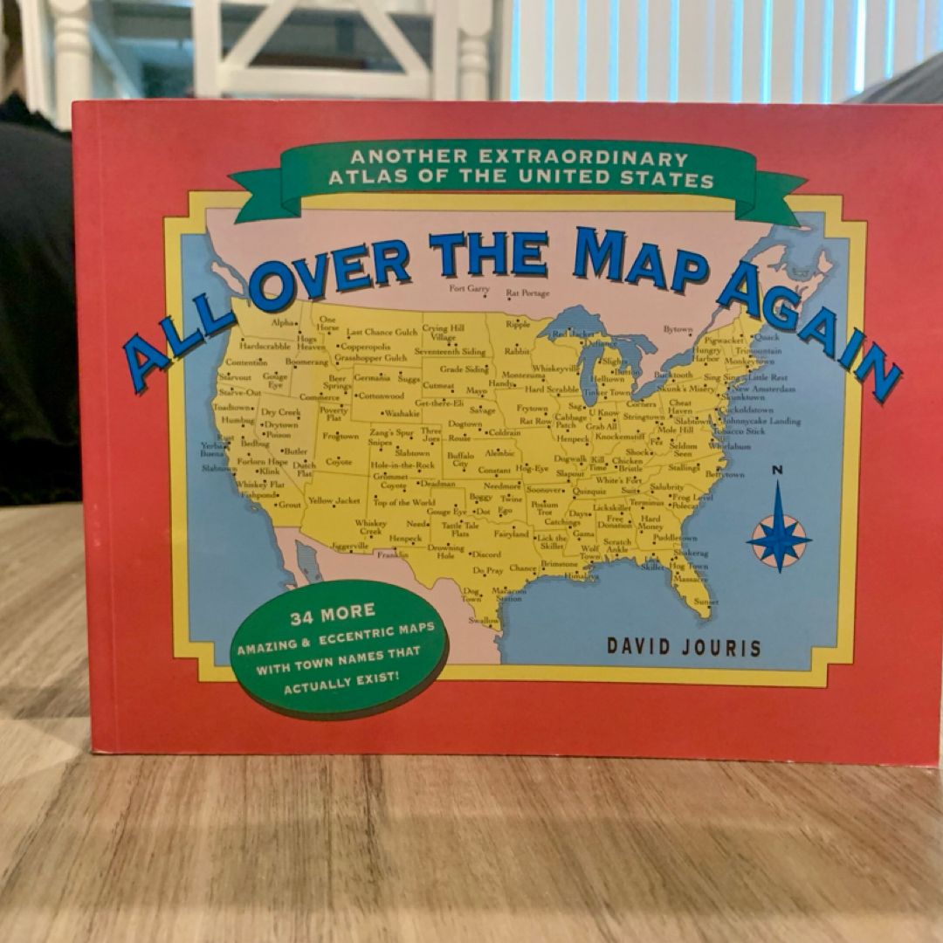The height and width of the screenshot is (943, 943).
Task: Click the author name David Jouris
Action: (x=684, y=648)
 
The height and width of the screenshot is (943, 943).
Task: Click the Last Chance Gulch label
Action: (x=382, y=333)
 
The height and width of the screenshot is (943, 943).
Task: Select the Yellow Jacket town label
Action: (x=334, y=501)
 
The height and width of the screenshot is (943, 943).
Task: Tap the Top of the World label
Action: (x=403, y=503)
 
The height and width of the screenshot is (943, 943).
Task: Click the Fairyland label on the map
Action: (x=512, y=533)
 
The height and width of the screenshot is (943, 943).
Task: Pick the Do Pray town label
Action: (x=489, y=570)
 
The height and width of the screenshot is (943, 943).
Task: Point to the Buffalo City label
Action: (x=460, y=459)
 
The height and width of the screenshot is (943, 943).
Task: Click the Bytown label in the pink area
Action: (x=678, y=329)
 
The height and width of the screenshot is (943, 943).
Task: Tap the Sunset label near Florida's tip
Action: (x=706, y=602)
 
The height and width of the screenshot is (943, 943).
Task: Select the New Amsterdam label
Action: (x=764, y=389)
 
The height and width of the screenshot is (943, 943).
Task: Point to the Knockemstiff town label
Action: (x=619, y=436)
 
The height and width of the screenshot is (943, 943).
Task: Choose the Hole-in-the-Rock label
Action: (x=402, y=465)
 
